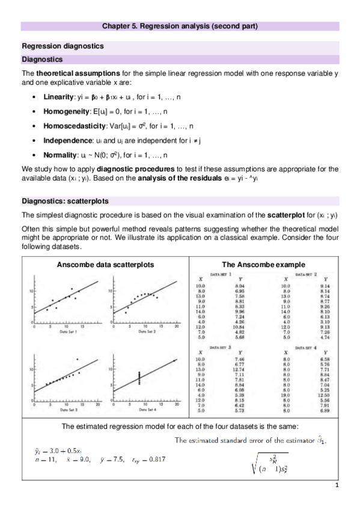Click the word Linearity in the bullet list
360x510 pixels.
tap(59, 97)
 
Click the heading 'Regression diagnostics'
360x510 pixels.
tap(63, 46)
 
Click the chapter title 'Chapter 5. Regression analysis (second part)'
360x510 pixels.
tap(179, 26)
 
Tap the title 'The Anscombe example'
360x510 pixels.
tap(264, 264)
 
